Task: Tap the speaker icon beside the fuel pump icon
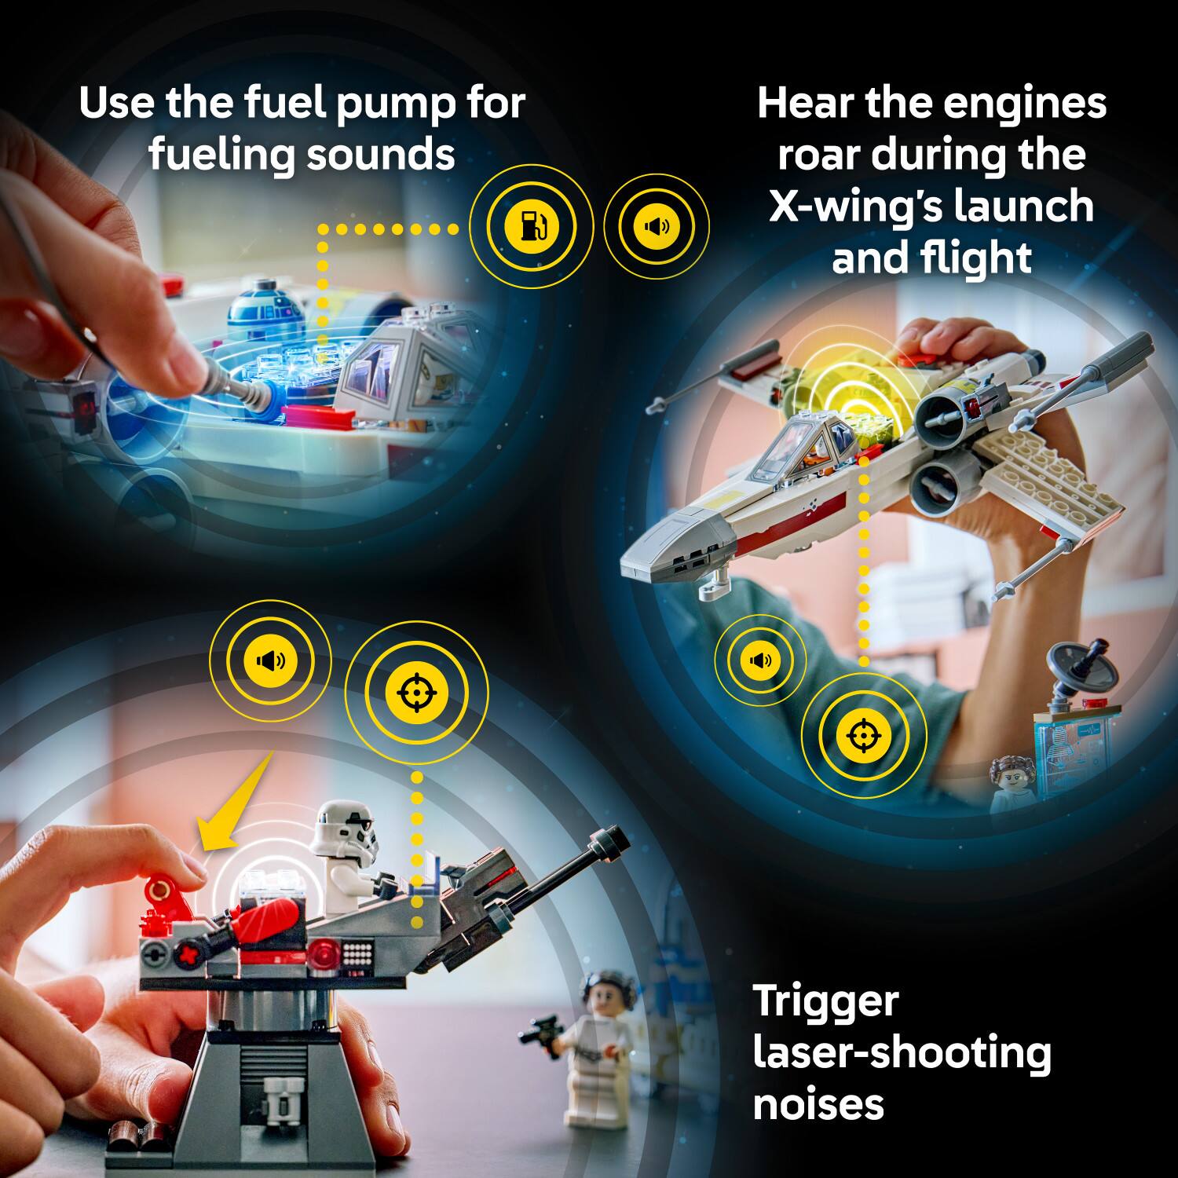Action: coord(656,226)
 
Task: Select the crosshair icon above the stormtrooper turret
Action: coord(416,692)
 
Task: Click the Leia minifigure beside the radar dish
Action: coord(1013,781)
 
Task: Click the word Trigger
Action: coord(825,1002)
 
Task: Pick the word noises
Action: coord(818,1104)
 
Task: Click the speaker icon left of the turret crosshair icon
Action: coord(270,660)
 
